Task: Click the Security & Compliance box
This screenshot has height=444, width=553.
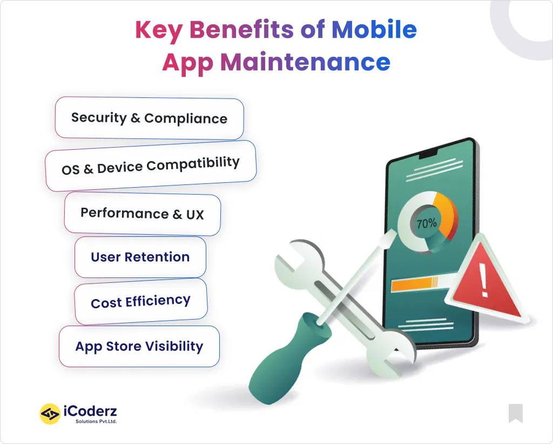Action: tap(149, 118)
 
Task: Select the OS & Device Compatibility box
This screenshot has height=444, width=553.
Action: tap(150, 166)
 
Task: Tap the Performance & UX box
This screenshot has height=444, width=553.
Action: tap(142, 214)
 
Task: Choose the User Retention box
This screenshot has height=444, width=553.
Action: tap(140, 257)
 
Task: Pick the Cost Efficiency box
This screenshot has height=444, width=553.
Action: tap(140, 302)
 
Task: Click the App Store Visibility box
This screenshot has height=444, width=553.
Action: tap(139, 347)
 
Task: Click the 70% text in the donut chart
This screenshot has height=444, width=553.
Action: tap(426, 223)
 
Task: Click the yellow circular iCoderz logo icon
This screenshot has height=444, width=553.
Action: tap(50, 414)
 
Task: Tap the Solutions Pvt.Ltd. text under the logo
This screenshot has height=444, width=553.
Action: tap(96, 421)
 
